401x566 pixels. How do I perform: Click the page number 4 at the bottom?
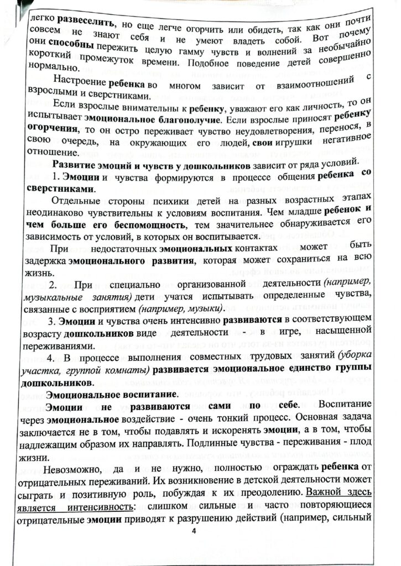point(193,531)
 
